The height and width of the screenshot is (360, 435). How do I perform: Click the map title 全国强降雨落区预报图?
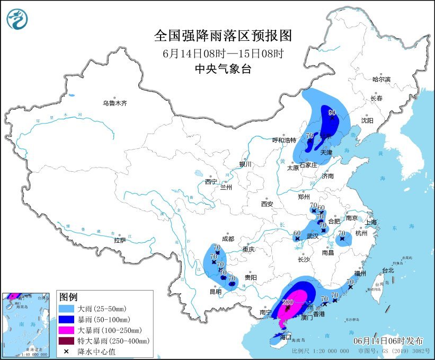pyautogui.click(x=223, y=36)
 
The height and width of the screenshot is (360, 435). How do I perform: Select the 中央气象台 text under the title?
pyautogui.click(x=223, y=68)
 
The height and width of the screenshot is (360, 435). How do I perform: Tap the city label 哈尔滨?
pyautogui.click(x=381, y=80)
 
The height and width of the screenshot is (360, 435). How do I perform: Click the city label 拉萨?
pyautogui.click(x=120, y=240)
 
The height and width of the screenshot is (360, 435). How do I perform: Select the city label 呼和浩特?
pyautogui.click(x=283, y=141)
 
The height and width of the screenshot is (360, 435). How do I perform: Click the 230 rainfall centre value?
pyautogui.click(x=288, y=302)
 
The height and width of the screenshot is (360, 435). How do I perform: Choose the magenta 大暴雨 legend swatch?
pyautogui.click(x=67, y=330)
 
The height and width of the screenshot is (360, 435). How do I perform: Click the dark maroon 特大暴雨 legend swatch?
pyautogui.click(x=67, y=340)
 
